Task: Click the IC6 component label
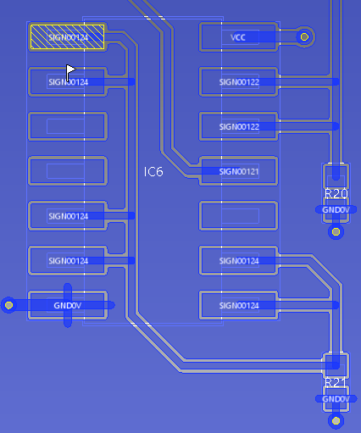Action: click(153, 172)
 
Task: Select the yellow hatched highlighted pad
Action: click(67, 37)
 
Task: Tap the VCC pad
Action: click(239, 37)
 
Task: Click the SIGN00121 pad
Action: click(239, 171)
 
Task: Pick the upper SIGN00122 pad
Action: click(239, 82)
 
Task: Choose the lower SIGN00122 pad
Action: click(239, 126)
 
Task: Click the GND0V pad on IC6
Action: click(68, 305)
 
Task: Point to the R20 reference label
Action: click(336, 194)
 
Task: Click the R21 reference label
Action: click(336, 383)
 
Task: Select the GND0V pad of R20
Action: click(336, 210)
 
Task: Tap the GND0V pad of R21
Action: click(336, 399)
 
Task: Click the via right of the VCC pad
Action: click(304, 37)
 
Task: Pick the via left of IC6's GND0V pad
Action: click(9, 305)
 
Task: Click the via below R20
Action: click(336, 232)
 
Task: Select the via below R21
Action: click(336, 421)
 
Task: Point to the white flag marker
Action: click(70, 72)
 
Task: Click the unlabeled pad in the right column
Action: click(239, 216)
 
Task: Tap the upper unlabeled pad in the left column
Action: click(68, 126)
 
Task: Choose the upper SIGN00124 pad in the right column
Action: click(239, 260)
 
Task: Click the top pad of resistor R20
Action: click(336, 176)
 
